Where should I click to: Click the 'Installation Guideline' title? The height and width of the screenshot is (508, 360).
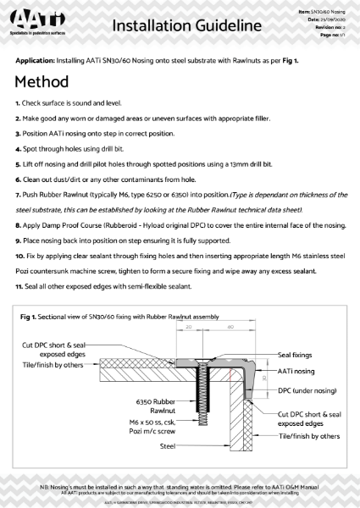180,27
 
